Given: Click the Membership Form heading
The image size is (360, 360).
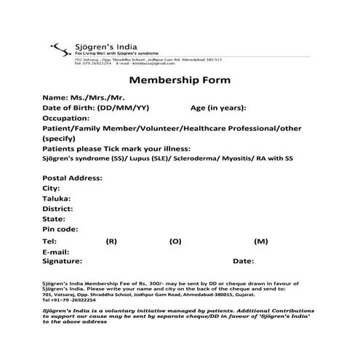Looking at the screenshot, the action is click(180, 79).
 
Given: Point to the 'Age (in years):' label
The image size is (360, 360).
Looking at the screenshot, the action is click(218, 108).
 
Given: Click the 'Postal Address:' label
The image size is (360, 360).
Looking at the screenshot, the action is click(71, 178).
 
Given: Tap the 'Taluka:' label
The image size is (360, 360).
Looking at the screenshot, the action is click(57, 199).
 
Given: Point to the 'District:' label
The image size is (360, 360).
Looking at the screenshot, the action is click(59, 209).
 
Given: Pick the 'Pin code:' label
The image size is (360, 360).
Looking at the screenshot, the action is click(61, 229).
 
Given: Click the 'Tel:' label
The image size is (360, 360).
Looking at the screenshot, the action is click(49, 241).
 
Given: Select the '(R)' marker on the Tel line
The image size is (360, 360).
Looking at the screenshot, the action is click(111, 241).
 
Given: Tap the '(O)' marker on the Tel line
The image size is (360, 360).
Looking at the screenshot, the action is click(175, 241).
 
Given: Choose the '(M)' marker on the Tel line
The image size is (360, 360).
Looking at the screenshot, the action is click(261, 241).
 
